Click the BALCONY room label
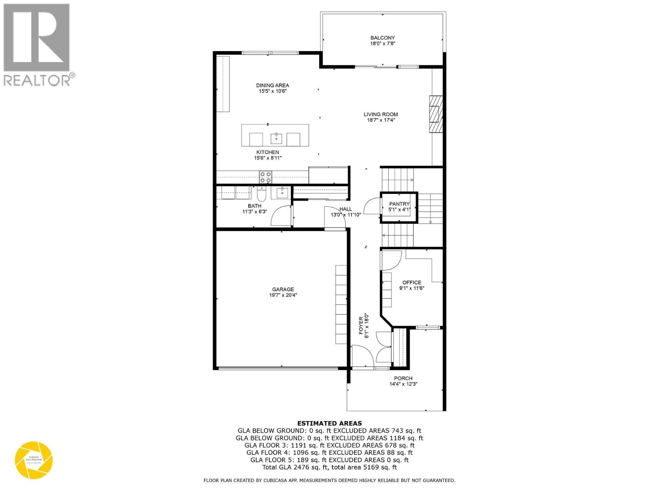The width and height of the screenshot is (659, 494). [x=383, y=38]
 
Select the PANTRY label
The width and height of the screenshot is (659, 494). [x=399, y=204]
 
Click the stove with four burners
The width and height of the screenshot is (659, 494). [x=265, y=177]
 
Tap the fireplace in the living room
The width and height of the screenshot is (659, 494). [x=435, y=114]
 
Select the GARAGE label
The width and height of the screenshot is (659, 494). [x=283, y=289]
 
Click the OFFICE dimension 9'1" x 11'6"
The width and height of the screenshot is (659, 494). [x=411, y=288]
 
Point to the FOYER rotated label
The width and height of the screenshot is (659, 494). [x=361, y=325]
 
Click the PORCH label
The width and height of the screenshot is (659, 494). [x=403, y=378]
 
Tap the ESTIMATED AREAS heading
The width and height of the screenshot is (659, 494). [x=329, y=423]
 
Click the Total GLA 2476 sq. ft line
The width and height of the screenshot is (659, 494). [x=329, y=467]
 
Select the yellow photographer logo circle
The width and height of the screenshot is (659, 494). [x=34, y=460]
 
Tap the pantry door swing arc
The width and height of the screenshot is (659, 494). [x=372, y=205]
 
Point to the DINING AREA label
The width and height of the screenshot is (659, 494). [x=272, y=86]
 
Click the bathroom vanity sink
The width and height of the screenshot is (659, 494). [x=283, y=191]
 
